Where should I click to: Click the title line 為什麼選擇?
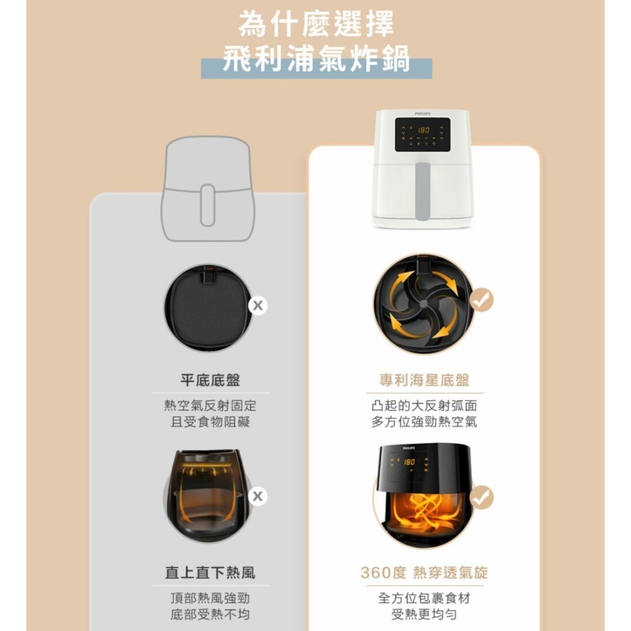[x=315, y=25]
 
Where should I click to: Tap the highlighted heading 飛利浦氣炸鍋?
[x=316, y=59]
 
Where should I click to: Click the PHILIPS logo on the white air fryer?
[x=423, y=114]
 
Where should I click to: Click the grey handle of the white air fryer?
[x=423, y=191]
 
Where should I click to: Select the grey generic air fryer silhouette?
[x=207, y=189]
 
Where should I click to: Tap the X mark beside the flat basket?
[x=257, y=306]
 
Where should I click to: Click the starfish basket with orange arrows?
[x=423, y=304]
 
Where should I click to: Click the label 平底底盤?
[x=210, y=380]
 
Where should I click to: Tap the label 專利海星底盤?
[x=424, y=380]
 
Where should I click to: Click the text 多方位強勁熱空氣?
[x=424, y=422]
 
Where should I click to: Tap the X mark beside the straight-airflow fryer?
[x=257, y=497]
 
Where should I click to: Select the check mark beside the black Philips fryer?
[x=483, y=497]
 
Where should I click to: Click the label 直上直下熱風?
[x=210, y=572]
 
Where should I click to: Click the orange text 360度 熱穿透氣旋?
[x=424, y=572]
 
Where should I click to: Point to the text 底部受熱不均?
[x=210, y=614]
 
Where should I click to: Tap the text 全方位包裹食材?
[x=424, y=598]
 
